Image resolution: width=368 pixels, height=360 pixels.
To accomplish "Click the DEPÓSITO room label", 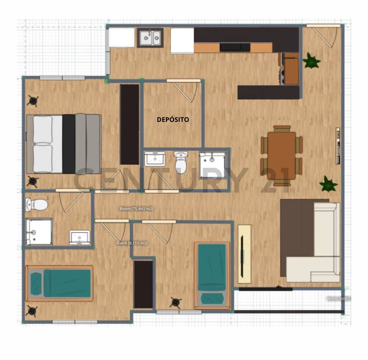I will click(x=173, y=120).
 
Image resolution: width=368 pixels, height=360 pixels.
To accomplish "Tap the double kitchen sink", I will click(x=150, y=38).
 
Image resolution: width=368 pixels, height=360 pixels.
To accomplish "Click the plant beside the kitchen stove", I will click(x=311, y=61).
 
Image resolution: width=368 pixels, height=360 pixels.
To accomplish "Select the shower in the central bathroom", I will click(x=213, y=165).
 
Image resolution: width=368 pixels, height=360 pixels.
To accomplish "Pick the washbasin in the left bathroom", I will click(x=80, y=237).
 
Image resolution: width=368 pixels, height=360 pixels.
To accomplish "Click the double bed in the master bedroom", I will click(x=63, y=144).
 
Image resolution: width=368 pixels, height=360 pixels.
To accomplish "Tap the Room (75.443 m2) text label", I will click(x=136, y=209).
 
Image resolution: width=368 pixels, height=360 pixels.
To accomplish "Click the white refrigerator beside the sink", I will click(x=182, y=41).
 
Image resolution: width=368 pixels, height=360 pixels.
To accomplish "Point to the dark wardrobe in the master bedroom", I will click(x=130, y=124).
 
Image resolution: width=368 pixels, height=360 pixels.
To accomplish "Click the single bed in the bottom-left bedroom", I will click(x=59, y=283).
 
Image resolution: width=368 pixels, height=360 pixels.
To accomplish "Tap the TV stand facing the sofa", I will click(x=244, y=254).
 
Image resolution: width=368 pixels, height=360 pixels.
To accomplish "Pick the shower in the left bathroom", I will click(x=39, y=232).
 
